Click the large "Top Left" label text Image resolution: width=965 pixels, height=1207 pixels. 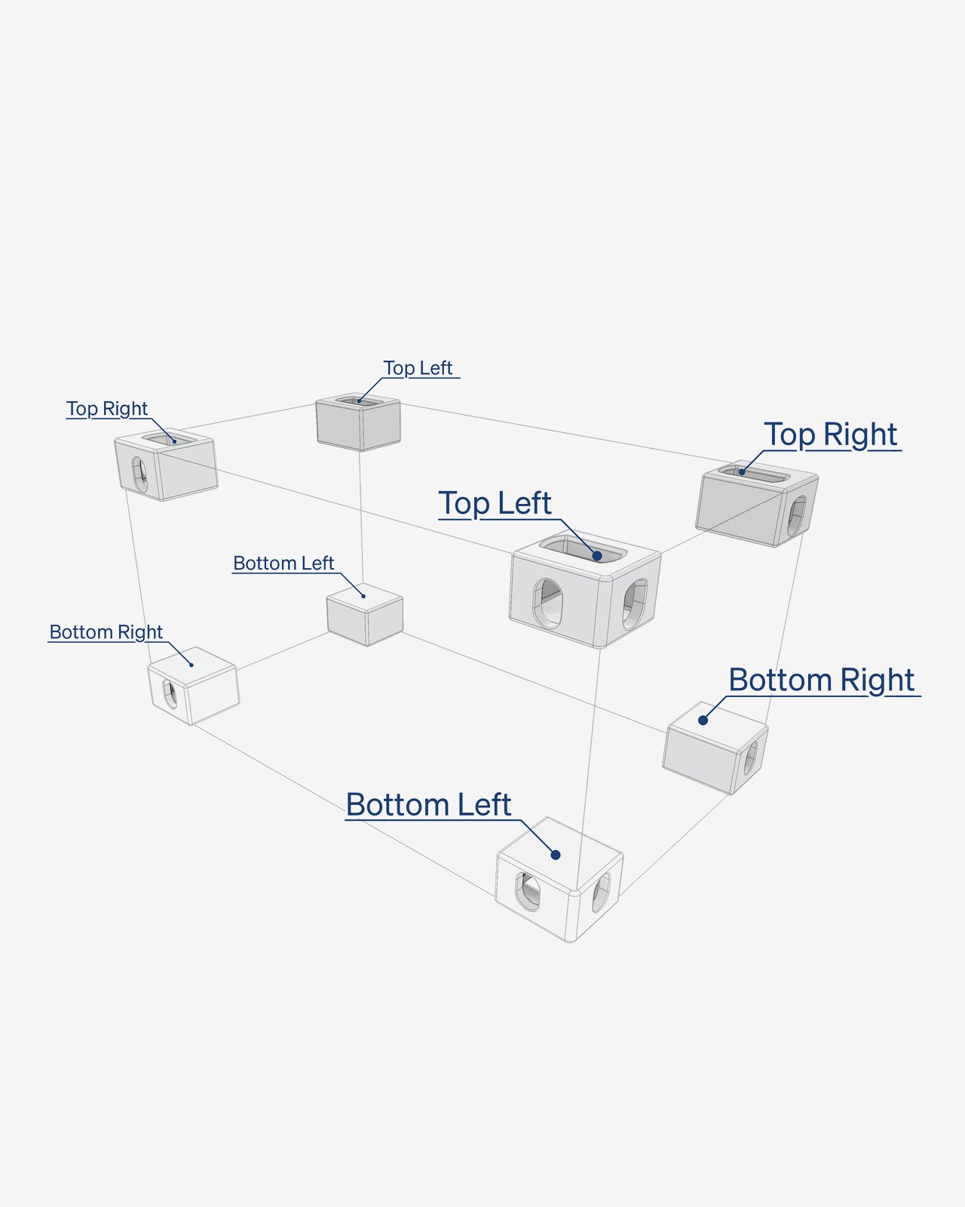tap(495, 503)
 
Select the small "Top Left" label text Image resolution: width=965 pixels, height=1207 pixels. tap(418, 368)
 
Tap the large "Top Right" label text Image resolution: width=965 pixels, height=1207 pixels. tap(830, 435)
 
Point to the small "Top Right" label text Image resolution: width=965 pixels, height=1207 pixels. tap(107, 409)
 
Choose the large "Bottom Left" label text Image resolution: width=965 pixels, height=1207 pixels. tap(428, 805)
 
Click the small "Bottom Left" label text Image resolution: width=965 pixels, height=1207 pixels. tap(283, 563)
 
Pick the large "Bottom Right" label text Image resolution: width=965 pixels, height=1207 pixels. tap(822, 681)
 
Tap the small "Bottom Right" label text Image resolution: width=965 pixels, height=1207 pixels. tap(106, 632)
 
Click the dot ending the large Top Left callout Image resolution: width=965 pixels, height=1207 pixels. tap(597, 555)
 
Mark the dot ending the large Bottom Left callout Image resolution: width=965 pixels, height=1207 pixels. tap(555, 855)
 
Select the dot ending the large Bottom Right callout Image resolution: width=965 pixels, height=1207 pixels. tap(703, 720)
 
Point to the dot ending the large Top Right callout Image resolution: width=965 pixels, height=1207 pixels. tap(742, 471)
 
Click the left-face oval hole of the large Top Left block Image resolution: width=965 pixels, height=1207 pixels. tap(547, 603)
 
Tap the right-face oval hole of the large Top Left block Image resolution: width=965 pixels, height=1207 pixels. tap(636, 604)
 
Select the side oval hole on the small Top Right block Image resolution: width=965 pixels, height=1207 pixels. tap(139, 475)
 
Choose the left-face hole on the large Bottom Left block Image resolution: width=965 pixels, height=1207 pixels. tap(528, 891)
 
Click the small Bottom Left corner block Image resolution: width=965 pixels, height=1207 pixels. tap(365, 615)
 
